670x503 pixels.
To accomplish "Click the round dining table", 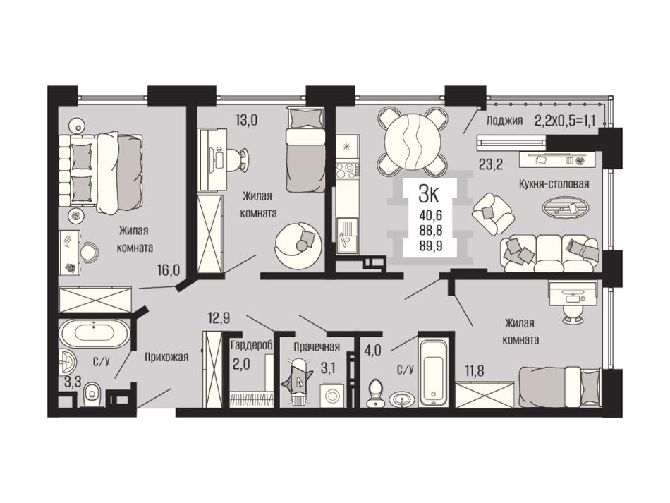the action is pyautogui.click(x=413, y=142).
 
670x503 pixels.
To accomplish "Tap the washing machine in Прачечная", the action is pyautogui.click(x=331, y=395).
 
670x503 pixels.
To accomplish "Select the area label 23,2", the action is pyautogui.click(x=489, y=164).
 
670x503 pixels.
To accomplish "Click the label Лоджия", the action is pyautogui.click(x=505, y=121).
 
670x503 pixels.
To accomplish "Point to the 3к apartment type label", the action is pyautogui.click(x=429, y=194).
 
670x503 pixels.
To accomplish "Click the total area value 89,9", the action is pyautogui.click(x=430, y=246).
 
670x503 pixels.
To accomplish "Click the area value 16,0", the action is pyautogui.click(x=169, y=270).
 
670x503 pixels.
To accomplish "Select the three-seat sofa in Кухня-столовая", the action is pyautogui.click(x=550, y=253).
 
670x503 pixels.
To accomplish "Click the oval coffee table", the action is pyautogui.click(x=568, y=207).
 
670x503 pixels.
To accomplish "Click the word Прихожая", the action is pyautogui.click(x=166, y=356).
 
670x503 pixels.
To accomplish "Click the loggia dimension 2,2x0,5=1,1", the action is pyautogui.click(x=566, y=120).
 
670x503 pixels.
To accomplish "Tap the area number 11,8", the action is pyautogui.click(x=475, y=370).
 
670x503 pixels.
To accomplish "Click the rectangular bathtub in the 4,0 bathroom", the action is pyautogui.click(x=434, y=372).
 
